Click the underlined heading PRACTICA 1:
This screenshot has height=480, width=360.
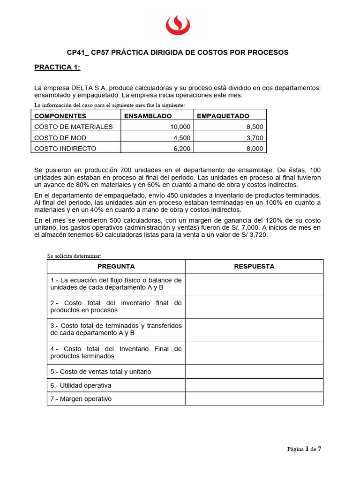57,67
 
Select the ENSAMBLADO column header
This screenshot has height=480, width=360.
148,116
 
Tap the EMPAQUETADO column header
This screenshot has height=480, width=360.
223,116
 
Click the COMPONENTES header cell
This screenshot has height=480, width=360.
60,116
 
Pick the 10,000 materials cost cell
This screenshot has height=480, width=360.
180,127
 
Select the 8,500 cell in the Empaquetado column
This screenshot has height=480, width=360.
254,127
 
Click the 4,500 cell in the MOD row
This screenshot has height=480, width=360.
181,137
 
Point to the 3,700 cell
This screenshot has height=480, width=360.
254,137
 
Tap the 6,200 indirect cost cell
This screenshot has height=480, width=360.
181,148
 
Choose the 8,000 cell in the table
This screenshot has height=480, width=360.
254,148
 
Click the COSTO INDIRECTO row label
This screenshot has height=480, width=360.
65,148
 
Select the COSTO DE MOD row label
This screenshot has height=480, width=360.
60,137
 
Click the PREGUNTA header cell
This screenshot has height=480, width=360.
116,266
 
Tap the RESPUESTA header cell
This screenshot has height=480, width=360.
254,266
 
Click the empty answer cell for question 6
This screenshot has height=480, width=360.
254,385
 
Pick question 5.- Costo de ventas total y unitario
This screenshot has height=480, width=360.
101,372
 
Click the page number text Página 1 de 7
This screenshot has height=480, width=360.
304,449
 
